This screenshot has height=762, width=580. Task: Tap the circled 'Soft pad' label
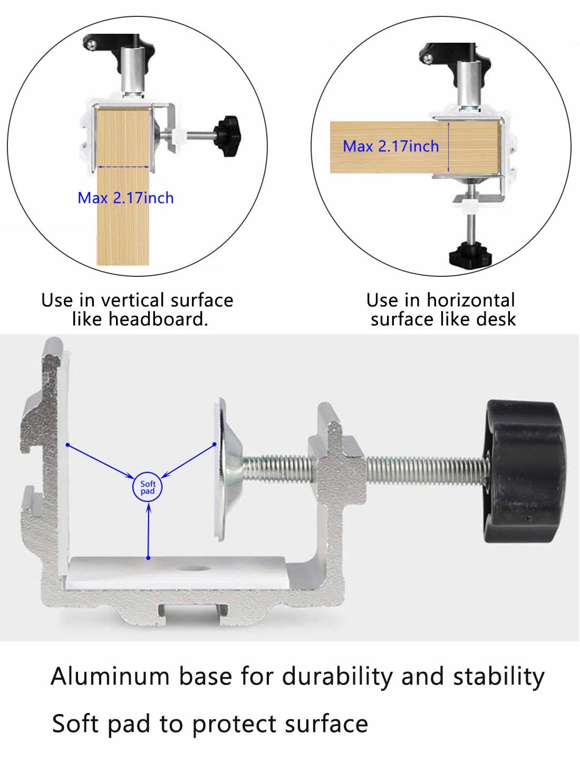click(x=148, y=487)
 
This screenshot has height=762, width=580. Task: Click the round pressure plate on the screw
click(x=224, y=469)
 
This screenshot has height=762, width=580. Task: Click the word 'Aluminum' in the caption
click(x=111, y=676)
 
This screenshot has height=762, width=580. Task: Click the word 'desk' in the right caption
click(x=496, y=319)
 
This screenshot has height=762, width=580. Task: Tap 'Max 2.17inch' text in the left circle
click(x=125, y=198)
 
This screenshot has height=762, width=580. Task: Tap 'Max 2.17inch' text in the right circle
click(x=391, y=146)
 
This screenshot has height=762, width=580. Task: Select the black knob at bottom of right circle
click(x=470, y=255)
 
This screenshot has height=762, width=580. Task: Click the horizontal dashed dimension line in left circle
click(x=123, y=167)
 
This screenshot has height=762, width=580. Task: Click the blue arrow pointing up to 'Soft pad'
click(x=149, y=530)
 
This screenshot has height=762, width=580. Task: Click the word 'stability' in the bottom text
click(x=498, y=676)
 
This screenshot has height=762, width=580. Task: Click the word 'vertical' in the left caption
click(x=132, y=300)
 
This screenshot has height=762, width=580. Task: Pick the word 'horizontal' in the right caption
click(x=470, y=300)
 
